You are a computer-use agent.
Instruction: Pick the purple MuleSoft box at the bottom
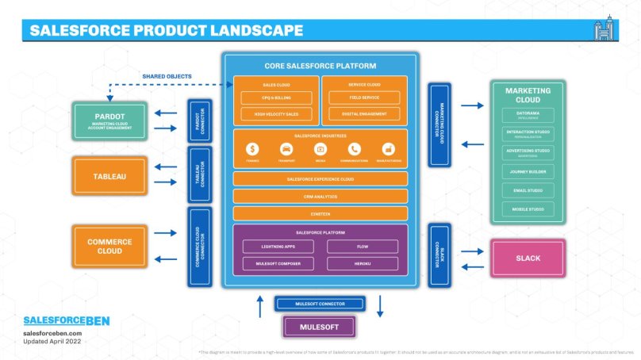320,326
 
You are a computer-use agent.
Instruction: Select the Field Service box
364,98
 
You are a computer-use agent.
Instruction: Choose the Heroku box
364,262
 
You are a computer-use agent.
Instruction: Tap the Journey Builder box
528,171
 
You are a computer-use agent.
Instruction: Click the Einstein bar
320,213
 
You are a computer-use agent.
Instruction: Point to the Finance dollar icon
252,149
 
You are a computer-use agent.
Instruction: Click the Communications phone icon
354,149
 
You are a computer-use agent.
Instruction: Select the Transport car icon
286,149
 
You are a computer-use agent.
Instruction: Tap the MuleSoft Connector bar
320,303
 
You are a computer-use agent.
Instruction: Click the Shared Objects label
167,76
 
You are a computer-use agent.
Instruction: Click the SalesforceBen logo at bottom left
66,321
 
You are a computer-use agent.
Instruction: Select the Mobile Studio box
528,209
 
